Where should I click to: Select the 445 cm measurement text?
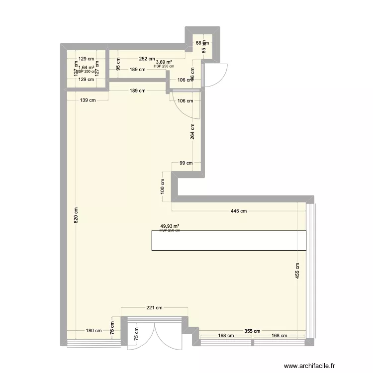239,211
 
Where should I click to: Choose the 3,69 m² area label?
164,62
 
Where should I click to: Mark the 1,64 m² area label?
86,68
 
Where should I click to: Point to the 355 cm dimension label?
252,331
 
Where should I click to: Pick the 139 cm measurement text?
87,100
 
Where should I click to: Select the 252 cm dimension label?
147,59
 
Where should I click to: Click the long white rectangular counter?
229,240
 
